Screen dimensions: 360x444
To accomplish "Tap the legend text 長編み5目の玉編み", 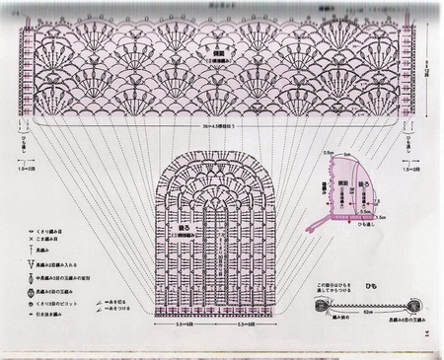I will point(59,293).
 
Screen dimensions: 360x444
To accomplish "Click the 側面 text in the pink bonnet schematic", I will point(346,184).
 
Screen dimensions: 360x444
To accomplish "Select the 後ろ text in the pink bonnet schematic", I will point(364,184).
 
